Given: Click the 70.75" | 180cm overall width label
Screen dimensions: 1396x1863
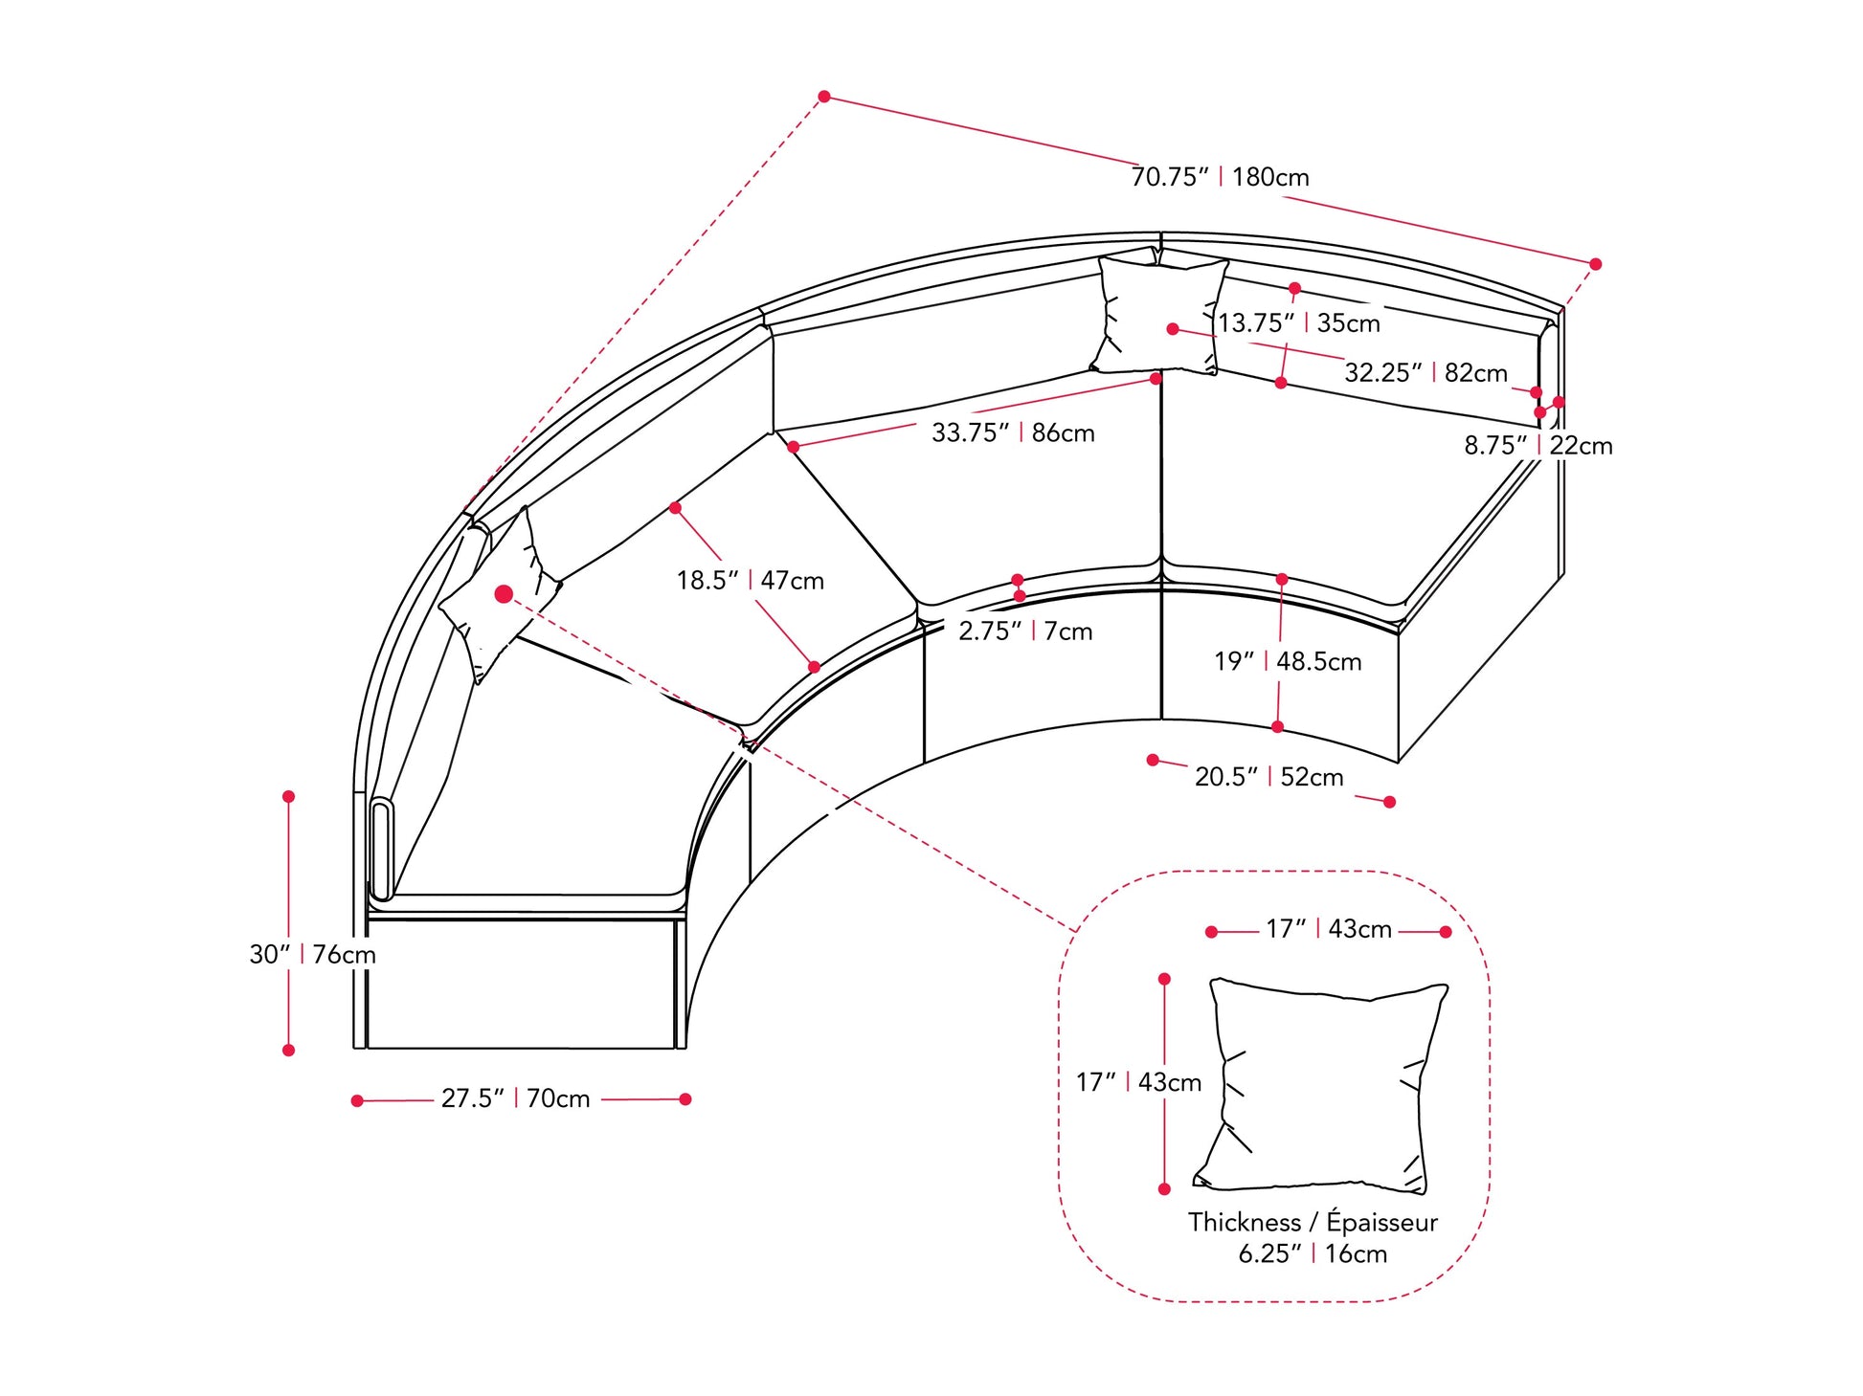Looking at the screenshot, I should (1220, 177).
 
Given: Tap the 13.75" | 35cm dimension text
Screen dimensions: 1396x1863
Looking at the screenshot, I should (1298, 323).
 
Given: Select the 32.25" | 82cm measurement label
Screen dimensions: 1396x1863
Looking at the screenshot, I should (1425, 373).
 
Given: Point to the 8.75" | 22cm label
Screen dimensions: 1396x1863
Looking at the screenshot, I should (1538, 446).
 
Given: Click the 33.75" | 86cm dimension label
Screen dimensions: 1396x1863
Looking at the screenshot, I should (1013, 432).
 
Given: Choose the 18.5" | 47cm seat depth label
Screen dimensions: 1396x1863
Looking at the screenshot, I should (750, 581).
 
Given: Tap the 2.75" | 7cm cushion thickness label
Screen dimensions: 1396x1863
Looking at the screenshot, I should (1025, 632).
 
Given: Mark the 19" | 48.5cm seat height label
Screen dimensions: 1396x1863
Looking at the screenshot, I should (1288, 661).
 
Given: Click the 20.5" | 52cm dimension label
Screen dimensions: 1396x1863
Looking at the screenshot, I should (1268, 777).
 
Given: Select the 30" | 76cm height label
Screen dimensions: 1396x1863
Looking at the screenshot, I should (312, 954).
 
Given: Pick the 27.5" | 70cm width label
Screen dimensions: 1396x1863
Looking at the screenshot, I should (515, 1098).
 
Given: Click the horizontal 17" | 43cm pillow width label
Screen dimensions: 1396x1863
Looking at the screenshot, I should (1328, 929).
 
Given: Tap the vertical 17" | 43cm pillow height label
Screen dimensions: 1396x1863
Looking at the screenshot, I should (1138, 1082).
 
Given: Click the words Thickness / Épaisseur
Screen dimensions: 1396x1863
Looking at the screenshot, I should (1313, 1222).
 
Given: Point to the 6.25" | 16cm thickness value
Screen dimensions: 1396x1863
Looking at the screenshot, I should (1313, 1253).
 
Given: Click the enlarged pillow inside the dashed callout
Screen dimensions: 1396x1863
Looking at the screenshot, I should (1321, 1086).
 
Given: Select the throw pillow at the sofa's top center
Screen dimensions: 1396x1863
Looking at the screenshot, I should (1158, 313).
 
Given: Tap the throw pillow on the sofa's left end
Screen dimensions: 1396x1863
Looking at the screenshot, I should (498, 598).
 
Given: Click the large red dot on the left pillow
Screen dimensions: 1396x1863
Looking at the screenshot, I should (504, 595).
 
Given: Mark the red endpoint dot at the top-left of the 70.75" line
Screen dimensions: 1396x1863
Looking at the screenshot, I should (824, 97).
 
